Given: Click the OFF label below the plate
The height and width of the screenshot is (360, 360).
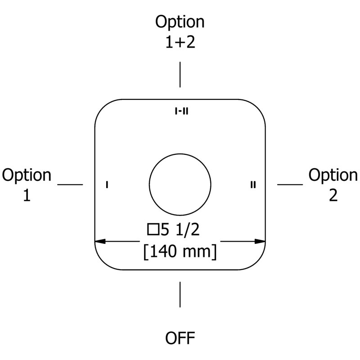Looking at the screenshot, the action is tap(180, 338).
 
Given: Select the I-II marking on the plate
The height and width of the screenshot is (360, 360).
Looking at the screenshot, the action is tap(182, 111).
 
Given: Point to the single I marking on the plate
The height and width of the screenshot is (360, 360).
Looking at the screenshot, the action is tap(107, 184).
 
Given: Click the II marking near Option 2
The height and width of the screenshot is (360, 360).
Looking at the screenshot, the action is tap(253, 184).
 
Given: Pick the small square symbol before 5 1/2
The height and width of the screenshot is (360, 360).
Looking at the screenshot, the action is tap(153, 229).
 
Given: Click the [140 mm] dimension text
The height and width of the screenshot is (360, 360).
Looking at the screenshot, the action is tap(180, 252).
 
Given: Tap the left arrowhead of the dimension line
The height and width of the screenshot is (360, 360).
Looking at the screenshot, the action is tap(100, 241).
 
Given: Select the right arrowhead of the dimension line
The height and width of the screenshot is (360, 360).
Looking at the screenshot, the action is tap(260, 241).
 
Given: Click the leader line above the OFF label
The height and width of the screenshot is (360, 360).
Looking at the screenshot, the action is tap(180, 295).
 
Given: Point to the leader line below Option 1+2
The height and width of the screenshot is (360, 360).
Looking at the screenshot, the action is tap(180, 75).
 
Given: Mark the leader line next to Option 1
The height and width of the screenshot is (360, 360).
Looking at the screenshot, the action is tap(70, 184).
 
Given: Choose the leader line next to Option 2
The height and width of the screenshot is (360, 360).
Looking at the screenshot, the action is tap(290, 184).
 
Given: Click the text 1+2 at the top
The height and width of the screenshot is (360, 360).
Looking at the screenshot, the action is tap(180, 42).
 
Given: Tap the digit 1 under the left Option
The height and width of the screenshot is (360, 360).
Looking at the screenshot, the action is tap(27, 195).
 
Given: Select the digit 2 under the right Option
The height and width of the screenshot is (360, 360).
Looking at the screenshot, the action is tap(333, 195).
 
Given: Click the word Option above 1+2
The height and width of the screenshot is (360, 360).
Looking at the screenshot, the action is tap(180, 22).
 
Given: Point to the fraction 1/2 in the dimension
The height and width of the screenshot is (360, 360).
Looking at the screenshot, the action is tap(188, 229).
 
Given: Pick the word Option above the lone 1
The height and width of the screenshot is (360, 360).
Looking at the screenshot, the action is tap(27, 175).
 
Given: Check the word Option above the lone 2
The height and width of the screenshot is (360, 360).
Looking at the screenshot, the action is tap(333, 175).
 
